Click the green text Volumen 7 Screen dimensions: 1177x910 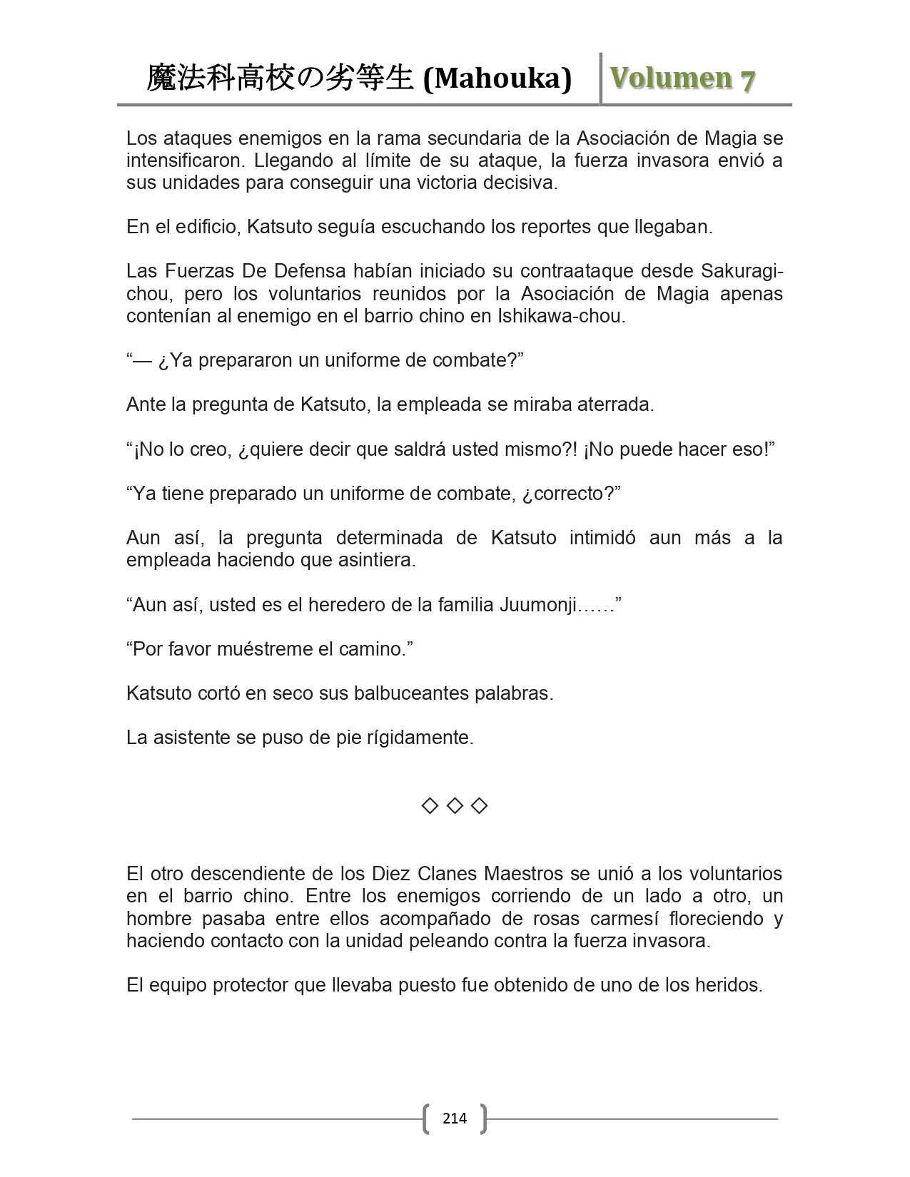[x=683, y=78]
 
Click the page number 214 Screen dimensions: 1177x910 [x=455, y=1118]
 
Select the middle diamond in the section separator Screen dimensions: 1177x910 [x=455, y=806]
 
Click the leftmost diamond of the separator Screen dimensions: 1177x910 [x=430, y=806]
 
